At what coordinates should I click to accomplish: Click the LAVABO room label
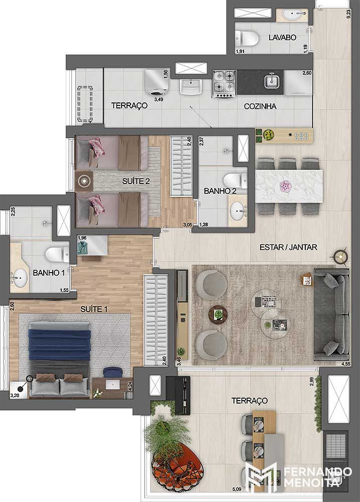click(282, 38)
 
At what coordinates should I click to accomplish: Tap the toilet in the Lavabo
click(247, 39)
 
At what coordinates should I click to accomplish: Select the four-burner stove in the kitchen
click(224, 83)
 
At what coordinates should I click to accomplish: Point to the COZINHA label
click(260, 106)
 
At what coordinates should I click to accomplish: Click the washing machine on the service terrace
click(157, 82)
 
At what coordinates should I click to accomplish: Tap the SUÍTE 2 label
click(136, 181)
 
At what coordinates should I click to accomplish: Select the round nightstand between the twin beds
click(84, 181)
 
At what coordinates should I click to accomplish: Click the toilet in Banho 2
click(235, 181)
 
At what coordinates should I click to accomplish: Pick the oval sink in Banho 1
click(19, 278)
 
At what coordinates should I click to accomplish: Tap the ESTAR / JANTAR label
click(288, 247)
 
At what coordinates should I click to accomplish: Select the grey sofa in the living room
click(331, 314)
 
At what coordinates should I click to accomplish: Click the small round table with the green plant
click(218, 314)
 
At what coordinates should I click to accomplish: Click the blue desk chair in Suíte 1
click(113, 372)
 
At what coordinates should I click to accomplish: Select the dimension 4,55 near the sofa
click(346, 363)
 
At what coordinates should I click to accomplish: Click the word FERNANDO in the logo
click(318, 472)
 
